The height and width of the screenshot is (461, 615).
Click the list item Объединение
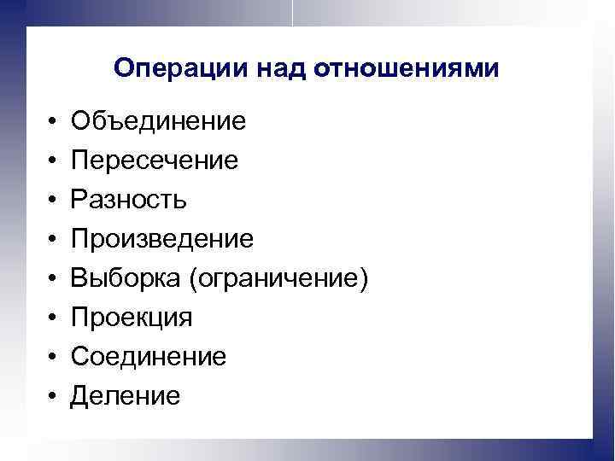click(159, 121)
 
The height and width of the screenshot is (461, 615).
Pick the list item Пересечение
click(155, 160)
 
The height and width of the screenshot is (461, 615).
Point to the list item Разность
click(129, 200)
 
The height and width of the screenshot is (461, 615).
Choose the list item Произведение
click(162, 239)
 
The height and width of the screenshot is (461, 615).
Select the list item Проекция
click(132, 318)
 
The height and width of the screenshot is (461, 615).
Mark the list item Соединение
click(149, 357)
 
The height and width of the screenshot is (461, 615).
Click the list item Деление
click(126, 396)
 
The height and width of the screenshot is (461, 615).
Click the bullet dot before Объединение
click(52, 122)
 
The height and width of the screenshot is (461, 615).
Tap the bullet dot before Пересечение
click(52, 161)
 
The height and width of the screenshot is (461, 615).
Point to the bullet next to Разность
click(52, 201)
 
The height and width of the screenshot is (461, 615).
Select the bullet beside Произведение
click(52, 240)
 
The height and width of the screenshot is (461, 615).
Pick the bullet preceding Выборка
click(52, 279)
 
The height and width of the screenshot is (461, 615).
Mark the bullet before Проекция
click(52, 318)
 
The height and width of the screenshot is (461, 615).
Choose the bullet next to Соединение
click(52, 358)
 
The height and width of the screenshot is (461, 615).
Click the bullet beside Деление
click(52, 397)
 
